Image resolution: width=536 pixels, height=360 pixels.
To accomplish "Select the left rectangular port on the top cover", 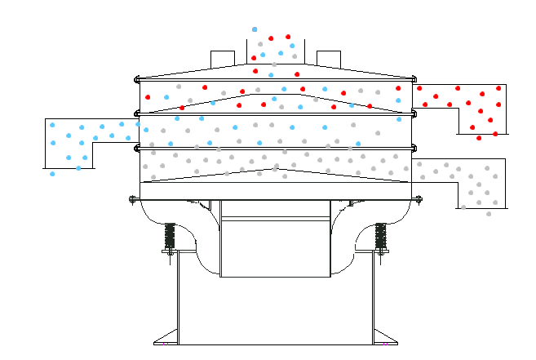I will point(223,58).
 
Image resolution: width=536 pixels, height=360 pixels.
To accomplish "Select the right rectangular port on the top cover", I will point(328,58).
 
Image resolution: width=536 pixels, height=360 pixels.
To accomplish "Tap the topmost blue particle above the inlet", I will point(255,29).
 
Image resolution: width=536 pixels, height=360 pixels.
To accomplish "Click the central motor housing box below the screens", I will point(275,245).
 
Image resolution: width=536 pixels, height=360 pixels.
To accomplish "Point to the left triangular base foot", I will point(166,336).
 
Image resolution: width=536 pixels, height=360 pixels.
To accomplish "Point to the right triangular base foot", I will point(386,336).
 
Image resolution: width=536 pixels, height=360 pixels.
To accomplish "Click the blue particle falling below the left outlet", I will point(52,174).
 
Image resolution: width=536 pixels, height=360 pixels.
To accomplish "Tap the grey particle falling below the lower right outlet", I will point(489,214).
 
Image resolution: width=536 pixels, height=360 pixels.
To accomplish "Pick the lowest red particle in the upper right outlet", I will point(479,138).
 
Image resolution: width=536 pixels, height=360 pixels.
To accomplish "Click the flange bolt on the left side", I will point(133,198).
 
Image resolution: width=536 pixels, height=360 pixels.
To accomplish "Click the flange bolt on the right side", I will point(419,198).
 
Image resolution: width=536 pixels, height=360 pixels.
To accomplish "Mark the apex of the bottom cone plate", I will point(277,169).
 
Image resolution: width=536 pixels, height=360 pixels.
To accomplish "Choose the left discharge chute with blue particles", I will point(82,139).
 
